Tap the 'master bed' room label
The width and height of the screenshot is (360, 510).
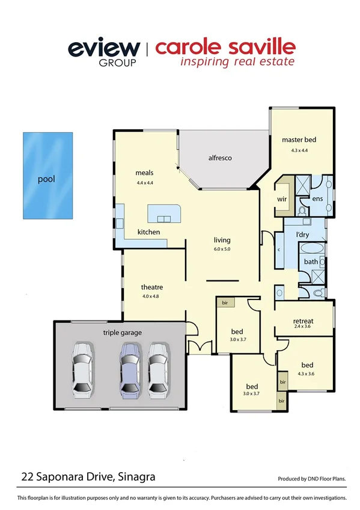299,140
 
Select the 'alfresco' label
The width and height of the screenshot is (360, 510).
220,158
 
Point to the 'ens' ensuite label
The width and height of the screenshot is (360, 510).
318,198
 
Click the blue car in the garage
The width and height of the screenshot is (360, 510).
129,370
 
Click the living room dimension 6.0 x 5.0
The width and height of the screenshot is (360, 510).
222,248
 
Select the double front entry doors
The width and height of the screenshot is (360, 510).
198,348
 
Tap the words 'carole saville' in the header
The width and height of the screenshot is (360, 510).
225,47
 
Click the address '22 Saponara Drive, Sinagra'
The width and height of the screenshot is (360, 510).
88,477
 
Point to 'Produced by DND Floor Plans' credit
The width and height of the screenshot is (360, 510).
312,479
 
